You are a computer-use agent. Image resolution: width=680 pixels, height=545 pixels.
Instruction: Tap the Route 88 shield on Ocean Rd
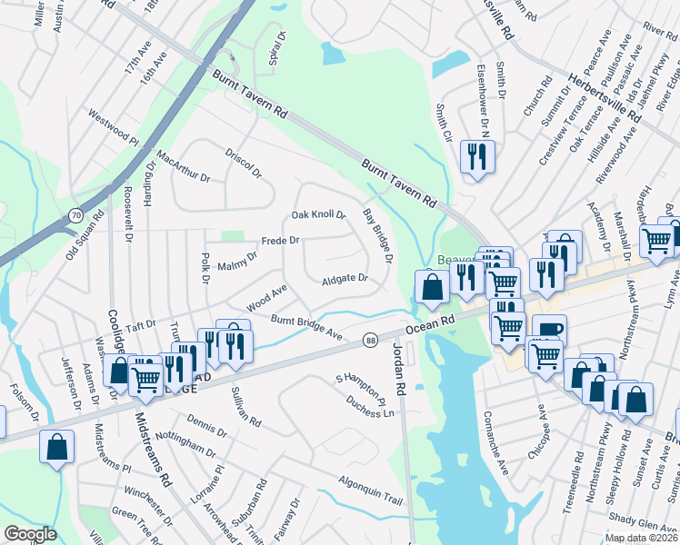(370, 340)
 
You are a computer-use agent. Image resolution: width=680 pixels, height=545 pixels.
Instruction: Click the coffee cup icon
(548, 330)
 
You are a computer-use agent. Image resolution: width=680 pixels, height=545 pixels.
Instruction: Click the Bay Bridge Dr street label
(377, 235)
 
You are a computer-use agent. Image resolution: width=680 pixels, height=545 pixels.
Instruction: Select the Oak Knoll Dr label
(318, 215)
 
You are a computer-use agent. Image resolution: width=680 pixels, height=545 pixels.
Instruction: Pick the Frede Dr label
(280, 242)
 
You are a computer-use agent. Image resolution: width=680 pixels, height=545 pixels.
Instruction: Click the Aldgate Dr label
(345, 279)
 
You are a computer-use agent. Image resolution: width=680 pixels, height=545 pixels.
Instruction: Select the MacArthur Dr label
(183, 166)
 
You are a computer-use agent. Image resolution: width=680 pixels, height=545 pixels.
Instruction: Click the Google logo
(30, 534)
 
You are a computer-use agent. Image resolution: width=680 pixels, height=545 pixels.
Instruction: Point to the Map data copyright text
(641, 538)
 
